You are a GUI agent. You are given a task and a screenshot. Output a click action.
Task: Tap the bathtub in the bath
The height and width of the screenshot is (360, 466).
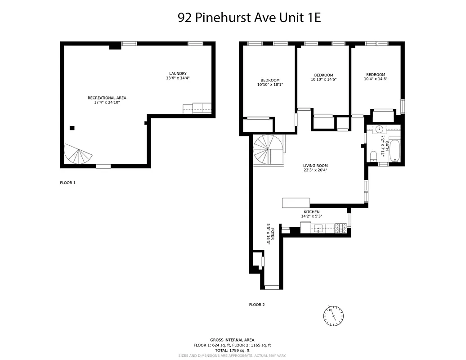point(394,151)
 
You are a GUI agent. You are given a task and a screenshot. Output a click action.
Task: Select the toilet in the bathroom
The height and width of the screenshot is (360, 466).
point(373,157)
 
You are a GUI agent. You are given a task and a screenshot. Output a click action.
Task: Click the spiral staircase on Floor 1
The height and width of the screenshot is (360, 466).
point(78,154)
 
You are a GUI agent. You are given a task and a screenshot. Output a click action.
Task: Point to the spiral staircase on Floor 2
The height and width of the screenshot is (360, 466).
point(268,150)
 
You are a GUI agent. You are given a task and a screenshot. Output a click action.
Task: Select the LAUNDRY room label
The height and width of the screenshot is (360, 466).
point(178,74)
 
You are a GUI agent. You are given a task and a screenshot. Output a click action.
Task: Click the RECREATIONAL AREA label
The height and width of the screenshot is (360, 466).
point(107,98)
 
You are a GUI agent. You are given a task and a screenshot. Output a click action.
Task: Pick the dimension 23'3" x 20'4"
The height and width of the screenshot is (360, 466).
point(315,170)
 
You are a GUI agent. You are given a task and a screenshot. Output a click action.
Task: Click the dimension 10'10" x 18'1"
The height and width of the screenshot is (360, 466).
point(270,85)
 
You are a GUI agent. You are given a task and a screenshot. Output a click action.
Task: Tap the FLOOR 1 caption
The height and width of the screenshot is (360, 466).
point(68,183)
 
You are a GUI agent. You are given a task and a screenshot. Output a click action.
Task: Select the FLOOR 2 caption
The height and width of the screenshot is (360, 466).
point(257,305)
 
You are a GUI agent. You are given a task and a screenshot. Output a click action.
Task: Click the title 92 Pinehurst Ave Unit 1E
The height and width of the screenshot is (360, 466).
point(249,18)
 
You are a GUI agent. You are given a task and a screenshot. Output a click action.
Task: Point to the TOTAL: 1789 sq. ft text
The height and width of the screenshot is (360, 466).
point(232,350)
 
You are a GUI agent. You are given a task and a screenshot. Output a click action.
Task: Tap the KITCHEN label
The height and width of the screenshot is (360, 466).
point(311,212)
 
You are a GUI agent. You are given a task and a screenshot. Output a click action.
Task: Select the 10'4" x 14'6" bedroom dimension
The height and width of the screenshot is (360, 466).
point(375,79)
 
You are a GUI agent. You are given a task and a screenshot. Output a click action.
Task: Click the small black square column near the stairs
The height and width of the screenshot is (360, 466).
point(72,128)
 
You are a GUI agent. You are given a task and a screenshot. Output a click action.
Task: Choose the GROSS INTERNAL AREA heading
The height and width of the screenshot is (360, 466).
point(232,340)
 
